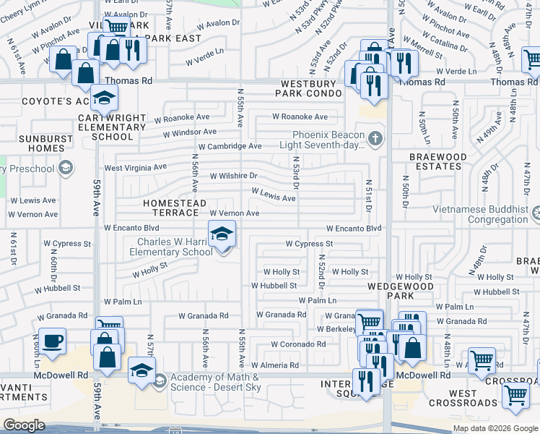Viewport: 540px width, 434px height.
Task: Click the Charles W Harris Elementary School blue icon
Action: pyautogui.click(x=222, y=234)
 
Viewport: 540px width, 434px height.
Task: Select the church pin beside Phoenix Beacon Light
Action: pyautogui.click(x=374, y=138)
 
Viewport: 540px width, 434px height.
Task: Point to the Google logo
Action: pyautogui.click(x=24, y=425)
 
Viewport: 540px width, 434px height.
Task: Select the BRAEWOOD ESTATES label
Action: pyautogui.click(x=435, y=161)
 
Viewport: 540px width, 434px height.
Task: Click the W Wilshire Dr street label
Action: pyautogui.click(x=233, y=176)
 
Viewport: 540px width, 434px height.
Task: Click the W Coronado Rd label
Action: pyautogui.click(x=297, y=344)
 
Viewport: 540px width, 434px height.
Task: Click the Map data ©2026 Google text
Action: pyautogui.click(x=495, y=428)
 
